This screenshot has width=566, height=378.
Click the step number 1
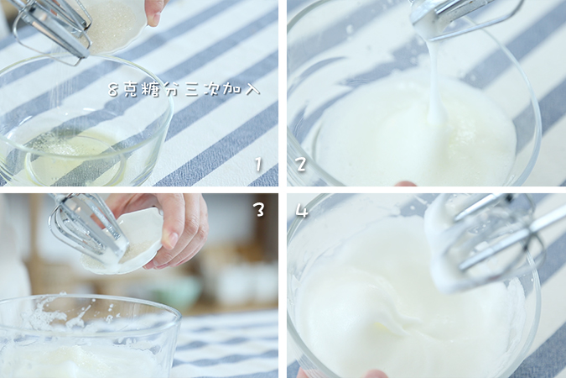coord(259,165)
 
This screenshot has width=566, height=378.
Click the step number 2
coord(301,164)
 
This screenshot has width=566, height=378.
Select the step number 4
coord(302,211)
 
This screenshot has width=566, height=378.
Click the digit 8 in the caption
coord(114,88)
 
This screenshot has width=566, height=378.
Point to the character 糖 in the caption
coord(151,88)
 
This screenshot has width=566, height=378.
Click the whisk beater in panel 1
coord(55,25)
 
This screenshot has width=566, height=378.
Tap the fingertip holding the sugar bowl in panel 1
coord(155,10)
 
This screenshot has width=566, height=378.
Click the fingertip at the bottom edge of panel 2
coord(406,183)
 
